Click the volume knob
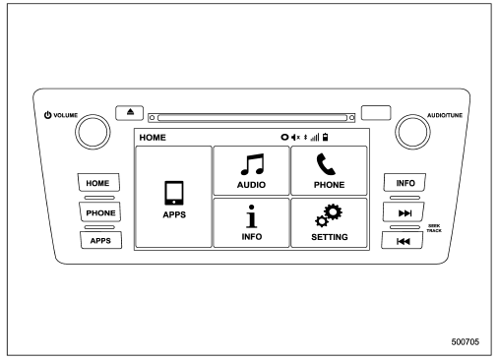(93, 132)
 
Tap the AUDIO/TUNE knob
(412, 132)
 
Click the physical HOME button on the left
(98, 183)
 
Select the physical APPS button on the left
(100, 240)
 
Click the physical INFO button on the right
(405, 183)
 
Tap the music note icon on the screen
(252, 164)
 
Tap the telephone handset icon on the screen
(326, 164)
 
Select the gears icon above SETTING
(329, 215)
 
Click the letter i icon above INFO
(252, 216)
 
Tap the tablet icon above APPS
(174, 193)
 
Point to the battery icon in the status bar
(325, 137)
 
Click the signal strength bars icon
(315, 138)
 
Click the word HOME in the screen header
(153, 138)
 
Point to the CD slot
(252, 118)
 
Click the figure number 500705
(466, 342)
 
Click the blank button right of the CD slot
(376, 113)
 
